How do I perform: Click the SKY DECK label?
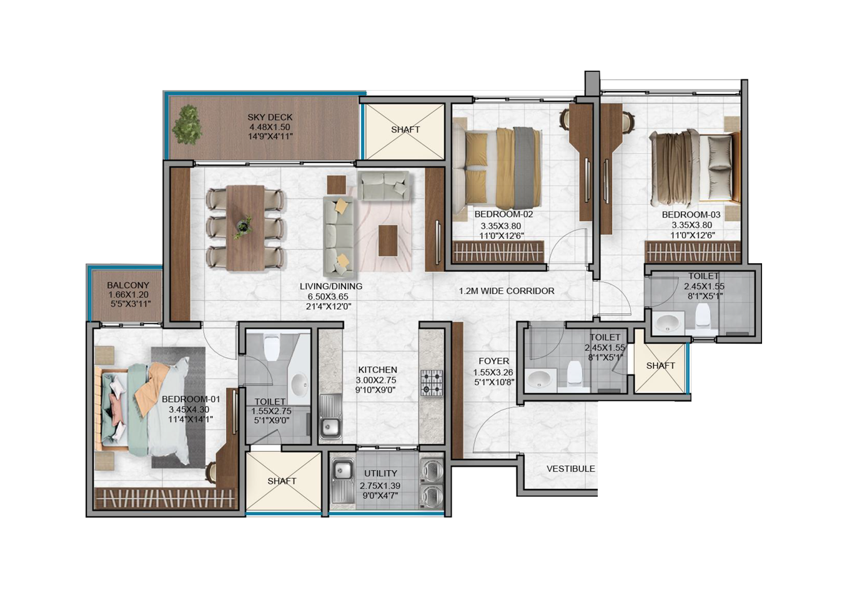pos(270,118)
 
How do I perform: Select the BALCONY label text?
pos(128,285)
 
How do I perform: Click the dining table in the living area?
pos(245,228)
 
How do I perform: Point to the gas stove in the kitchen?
pos(432,383)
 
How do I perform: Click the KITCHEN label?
pos(378,369)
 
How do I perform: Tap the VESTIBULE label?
pos(570,469)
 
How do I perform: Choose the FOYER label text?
pos(494,361)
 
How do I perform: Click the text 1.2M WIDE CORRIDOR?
pos(507,291)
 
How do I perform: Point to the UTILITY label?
pos(381,473)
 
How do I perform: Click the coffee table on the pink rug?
pos(388,241)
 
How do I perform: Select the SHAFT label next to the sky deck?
pos(405,129)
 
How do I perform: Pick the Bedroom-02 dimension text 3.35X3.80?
pos(500,226)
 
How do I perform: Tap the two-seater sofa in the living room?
pos(384,186)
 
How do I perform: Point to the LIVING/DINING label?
pos(331,286)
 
